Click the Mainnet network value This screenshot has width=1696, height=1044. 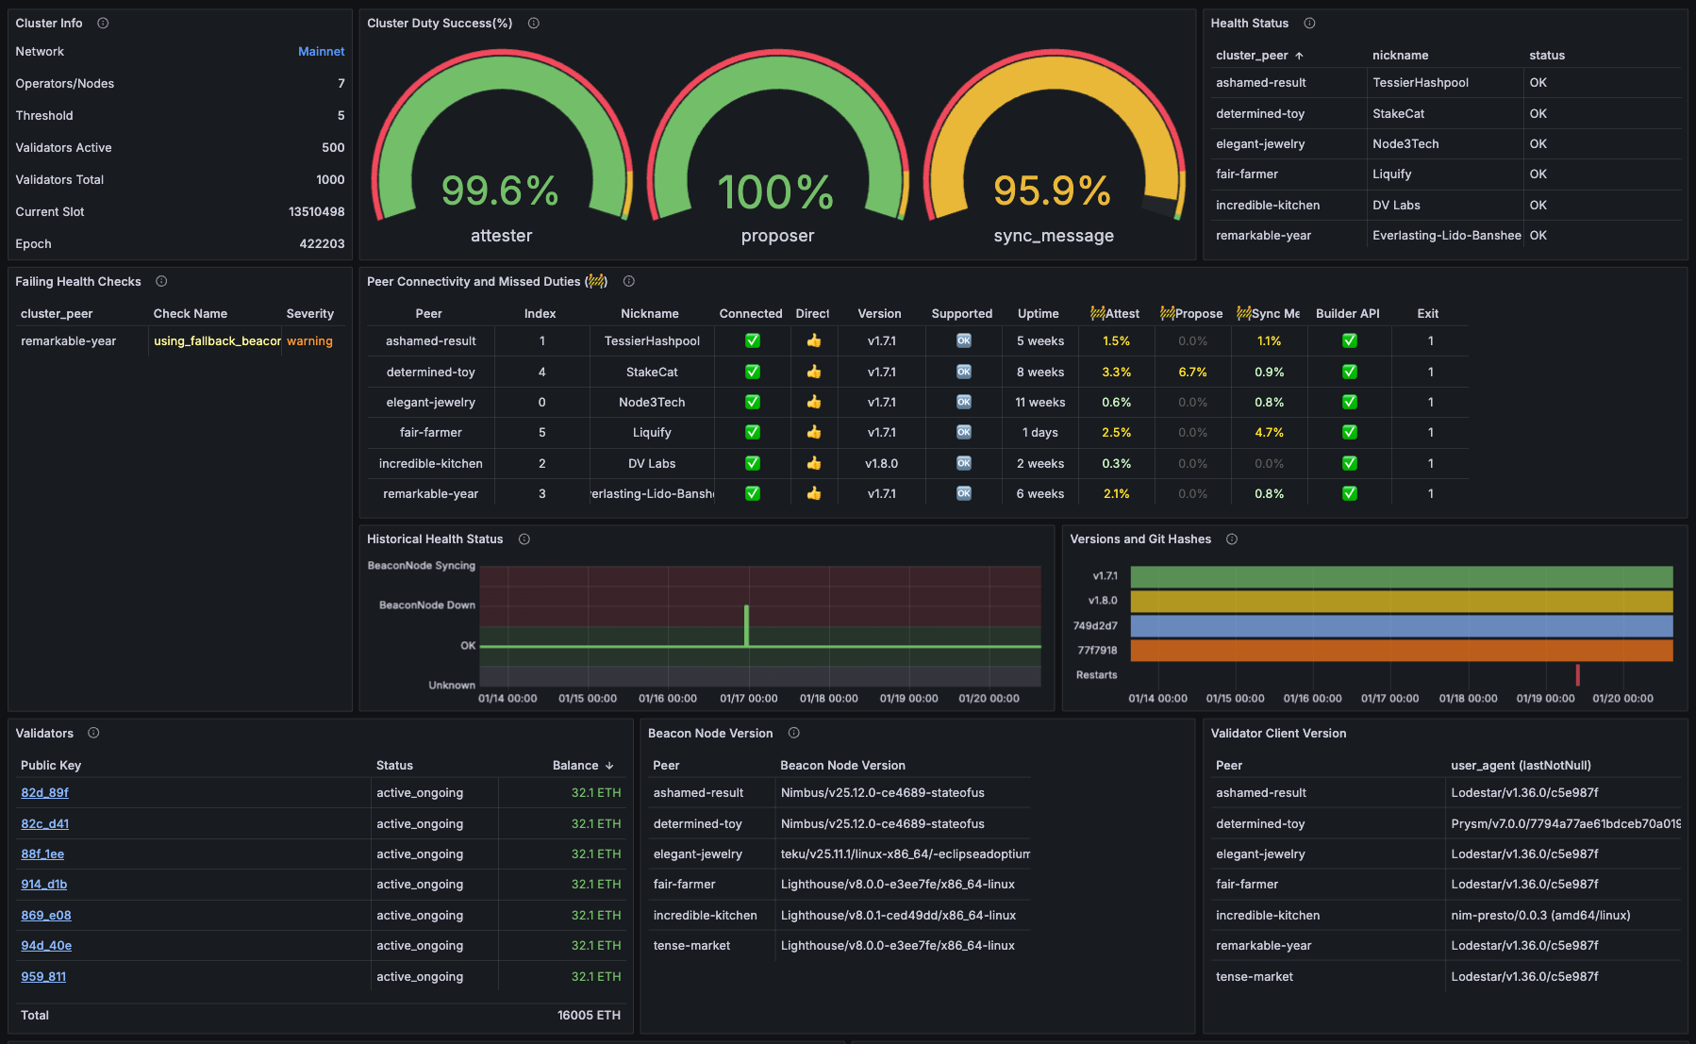click(x=321, y=52)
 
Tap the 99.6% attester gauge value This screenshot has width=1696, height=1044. click(x=500, y=191)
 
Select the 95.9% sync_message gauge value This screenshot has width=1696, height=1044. click(x=1052, y=191)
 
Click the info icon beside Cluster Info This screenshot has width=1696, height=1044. click(x=103, y=23)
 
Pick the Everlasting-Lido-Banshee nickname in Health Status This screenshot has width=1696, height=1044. click(x=1446, y=236)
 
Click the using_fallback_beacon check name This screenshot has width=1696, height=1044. click(x=217, y=341)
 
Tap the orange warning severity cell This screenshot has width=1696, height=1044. click(x=309, y=341)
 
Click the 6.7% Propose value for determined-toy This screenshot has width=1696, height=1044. click(x=1192, y=373)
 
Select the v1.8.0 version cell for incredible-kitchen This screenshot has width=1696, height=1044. click(x=881, y=464)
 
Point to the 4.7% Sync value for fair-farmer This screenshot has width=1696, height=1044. click(x=1269, y=433)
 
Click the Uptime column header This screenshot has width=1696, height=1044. click(x=1038, y=314)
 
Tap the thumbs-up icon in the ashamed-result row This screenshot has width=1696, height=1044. click(x=813, y=341)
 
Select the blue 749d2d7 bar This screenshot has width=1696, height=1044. click(x=1401, y=626)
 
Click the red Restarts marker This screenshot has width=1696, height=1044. click(x=1577, y=674)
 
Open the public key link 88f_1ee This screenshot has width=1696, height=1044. click(x=42, y=854)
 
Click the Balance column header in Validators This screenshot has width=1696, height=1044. click(x=575, y=766)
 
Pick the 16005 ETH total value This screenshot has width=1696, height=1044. click(x=589, y=1016)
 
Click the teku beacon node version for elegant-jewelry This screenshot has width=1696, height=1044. click(x=905, y=854)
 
